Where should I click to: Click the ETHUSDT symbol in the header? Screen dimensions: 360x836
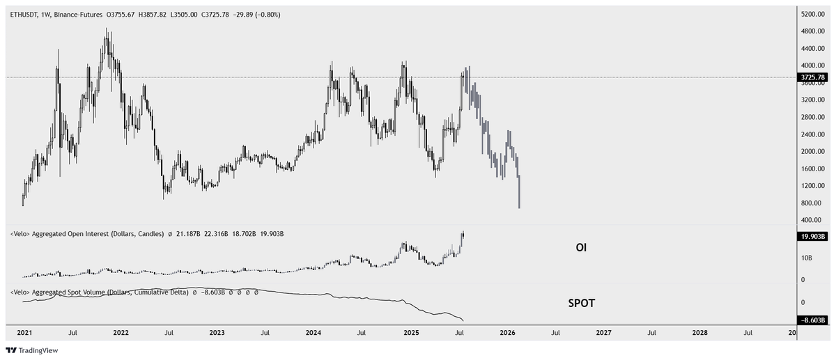26,14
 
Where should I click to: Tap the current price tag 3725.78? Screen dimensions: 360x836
811,77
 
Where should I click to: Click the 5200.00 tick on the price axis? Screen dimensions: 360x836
812,14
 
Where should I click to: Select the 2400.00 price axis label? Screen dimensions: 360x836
812,134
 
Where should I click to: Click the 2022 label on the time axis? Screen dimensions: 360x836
121,333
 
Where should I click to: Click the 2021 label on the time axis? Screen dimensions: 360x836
24,333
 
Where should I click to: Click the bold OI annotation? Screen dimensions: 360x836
580,247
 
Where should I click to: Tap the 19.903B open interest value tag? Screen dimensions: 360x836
811,237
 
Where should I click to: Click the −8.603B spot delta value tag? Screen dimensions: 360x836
811,320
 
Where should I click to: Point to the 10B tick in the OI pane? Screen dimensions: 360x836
804,258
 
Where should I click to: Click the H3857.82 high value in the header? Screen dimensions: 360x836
161,14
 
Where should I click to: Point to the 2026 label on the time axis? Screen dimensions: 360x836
507,333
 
